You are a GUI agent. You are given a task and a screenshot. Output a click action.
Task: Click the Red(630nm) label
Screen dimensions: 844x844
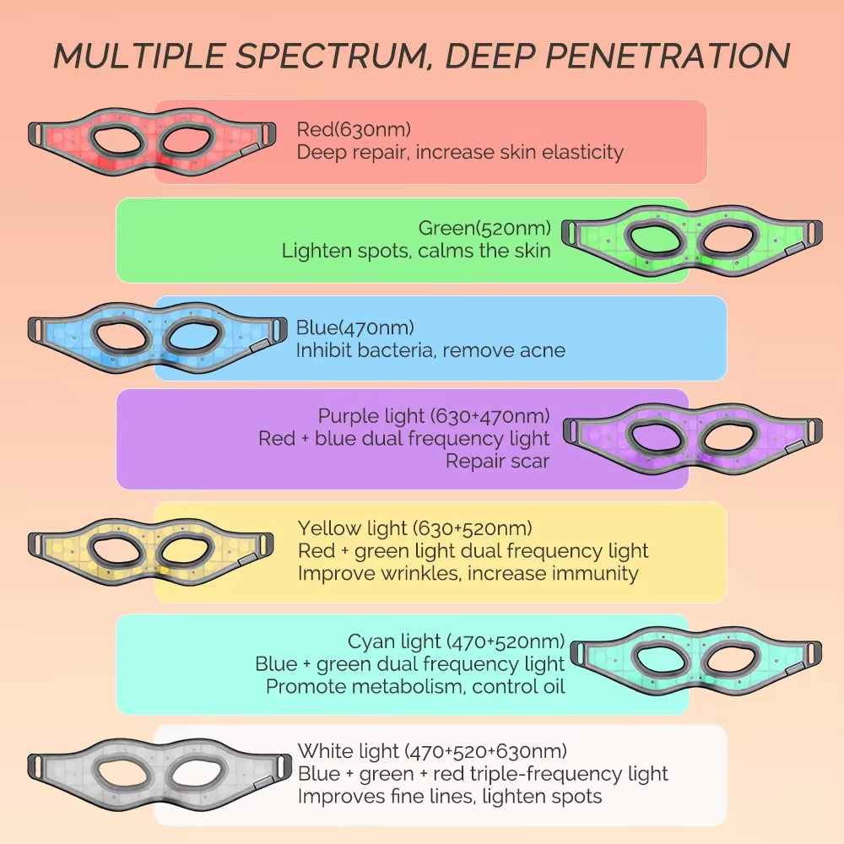354,129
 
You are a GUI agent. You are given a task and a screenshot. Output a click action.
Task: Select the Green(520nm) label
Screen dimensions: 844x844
484,228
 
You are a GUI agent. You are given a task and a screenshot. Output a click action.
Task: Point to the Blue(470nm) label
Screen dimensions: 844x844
355,327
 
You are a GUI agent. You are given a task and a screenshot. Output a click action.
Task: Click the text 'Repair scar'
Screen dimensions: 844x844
497,461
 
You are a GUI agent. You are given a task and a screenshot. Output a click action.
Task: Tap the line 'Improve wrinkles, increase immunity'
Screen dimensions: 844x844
468,573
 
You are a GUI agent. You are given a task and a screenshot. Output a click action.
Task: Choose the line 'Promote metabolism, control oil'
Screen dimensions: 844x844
415,686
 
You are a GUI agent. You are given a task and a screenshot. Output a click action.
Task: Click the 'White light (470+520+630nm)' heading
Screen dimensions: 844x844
432,750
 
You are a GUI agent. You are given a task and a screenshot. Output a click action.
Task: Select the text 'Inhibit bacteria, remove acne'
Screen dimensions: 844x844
430,350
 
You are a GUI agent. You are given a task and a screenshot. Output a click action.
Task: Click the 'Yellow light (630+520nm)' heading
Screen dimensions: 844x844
414,528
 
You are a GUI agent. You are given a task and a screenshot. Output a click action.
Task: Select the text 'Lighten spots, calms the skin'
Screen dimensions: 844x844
416,251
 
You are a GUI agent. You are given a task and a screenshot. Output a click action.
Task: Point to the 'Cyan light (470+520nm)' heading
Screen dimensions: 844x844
456,642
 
